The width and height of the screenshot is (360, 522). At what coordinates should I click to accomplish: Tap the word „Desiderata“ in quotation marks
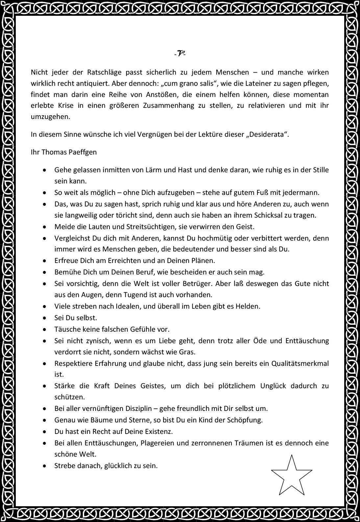267,134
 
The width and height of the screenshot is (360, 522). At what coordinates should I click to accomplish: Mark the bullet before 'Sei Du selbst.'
44,318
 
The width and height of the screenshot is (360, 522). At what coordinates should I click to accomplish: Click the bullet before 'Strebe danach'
44,466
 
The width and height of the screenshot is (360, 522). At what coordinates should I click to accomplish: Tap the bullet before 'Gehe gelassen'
44,170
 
